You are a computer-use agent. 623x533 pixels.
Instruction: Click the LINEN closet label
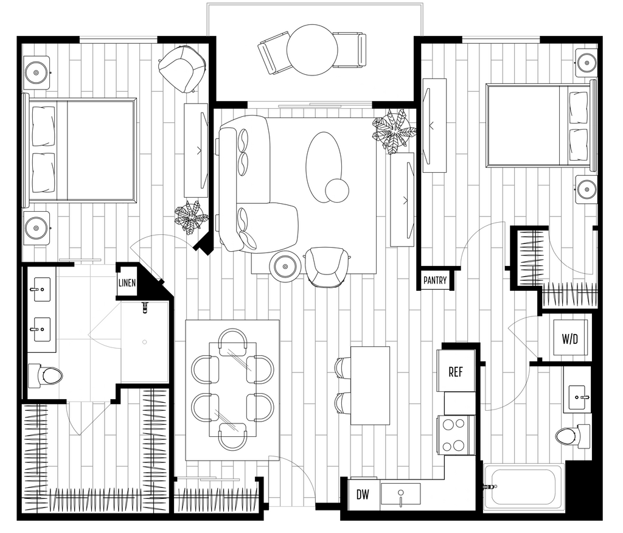pyautogui.click(x=127, y=282)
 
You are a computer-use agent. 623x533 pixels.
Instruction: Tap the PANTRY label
pyautogui.click(x=435, y=280)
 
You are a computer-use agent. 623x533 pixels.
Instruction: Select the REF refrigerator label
pyautogui.click(x=456, y=372)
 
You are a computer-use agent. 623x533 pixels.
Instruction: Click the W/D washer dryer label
pyautogui.click(x=569, y=339)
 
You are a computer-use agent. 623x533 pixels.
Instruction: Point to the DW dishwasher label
pyautogui.click(x=363, y=495)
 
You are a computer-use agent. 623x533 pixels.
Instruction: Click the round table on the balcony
pyautogui.click(x=312, y=50)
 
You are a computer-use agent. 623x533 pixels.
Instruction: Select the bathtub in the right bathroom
pyautogui.click(x=524, y=487)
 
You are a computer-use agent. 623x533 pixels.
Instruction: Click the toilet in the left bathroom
pyautogui.click(x=45, y=375)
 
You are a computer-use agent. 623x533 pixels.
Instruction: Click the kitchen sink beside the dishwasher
pyautogui.click(x=400, y=494)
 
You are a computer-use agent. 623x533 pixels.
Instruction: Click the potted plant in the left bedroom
pyautogui.click(x=192, y=217)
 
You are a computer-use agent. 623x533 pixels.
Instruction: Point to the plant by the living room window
pyautogui.click(x=394, y=131)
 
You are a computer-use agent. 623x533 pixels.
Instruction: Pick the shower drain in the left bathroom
pyautogui.click(x=145, y=342)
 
